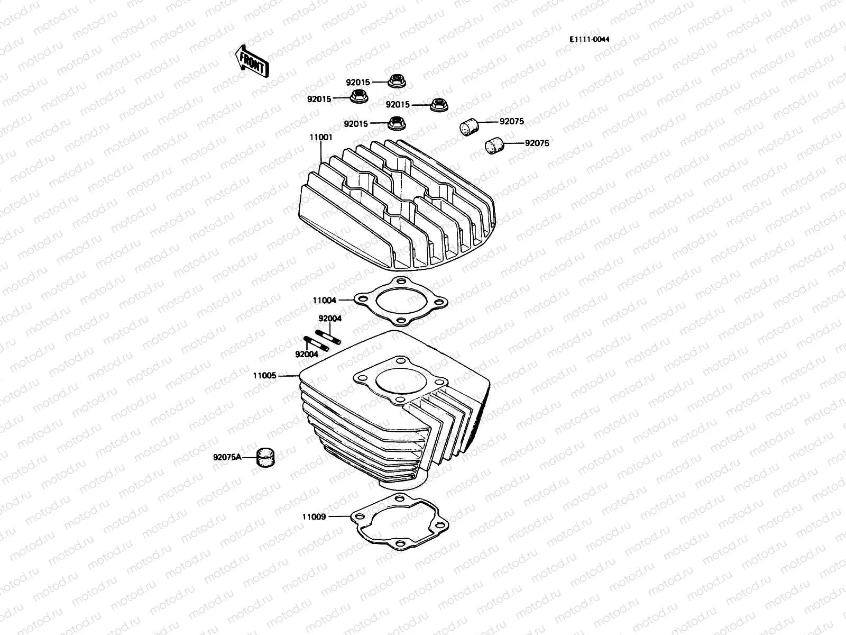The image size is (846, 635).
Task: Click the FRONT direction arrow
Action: point(252,60)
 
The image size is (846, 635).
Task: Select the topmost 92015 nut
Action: point(395,81)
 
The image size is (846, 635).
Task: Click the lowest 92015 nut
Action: point(395,123)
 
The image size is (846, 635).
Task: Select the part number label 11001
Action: point(321,137)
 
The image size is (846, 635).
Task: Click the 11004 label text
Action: point(324,300)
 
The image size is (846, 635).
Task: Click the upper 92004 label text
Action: point(329,319)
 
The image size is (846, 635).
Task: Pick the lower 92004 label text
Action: point(307,354)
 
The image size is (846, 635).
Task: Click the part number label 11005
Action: point(264,376)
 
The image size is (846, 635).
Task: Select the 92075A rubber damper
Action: point(266,457)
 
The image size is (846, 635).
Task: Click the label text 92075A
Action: point(227,457)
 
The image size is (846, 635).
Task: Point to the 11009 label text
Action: point(314,516)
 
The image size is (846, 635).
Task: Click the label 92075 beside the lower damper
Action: point(537,143)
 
